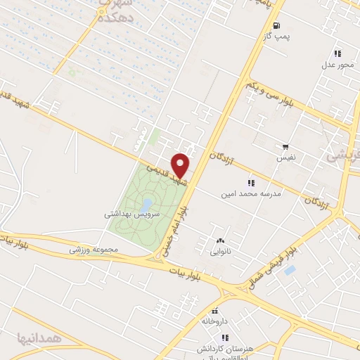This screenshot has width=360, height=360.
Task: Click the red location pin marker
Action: (x=181, y=165)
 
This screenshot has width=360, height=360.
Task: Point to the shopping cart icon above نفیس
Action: (x=285, y=147)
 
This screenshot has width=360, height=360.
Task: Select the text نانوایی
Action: (x=220, y=251)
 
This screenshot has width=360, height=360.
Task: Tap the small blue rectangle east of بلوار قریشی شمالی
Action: (x=290, y=270)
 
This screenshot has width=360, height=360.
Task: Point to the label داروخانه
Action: (x=215, y=321)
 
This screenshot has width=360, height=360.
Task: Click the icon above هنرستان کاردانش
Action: (x=226, y=337)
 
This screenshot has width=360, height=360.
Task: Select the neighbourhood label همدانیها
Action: (x=41, y=338)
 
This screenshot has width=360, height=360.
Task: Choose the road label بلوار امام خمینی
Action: (x=184, y=215)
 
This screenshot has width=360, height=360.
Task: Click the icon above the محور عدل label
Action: (x=338, y=53)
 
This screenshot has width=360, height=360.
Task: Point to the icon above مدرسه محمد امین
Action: (x=251, y=183)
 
